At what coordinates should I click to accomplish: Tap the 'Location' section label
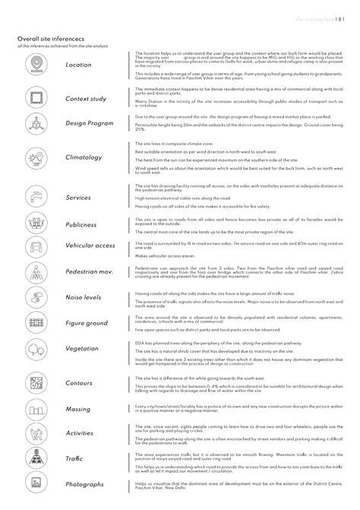[78, 65]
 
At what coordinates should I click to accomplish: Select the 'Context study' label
[85, 99]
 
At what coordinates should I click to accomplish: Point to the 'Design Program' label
[90, 122]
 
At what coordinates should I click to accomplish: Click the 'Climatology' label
[84, 157]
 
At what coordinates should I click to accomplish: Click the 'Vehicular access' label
[90, 246]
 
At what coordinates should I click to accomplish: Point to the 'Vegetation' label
[83, 350]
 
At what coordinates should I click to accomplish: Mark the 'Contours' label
[80, 382]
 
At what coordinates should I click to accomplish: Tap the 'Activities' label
[80, 432]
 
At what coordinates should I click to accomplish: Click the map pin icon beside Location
[35, 65]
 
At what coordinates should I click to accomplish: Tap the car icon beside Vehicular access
[35, 246]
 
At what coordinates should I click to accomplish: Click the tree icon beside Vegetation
[35, 350]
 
